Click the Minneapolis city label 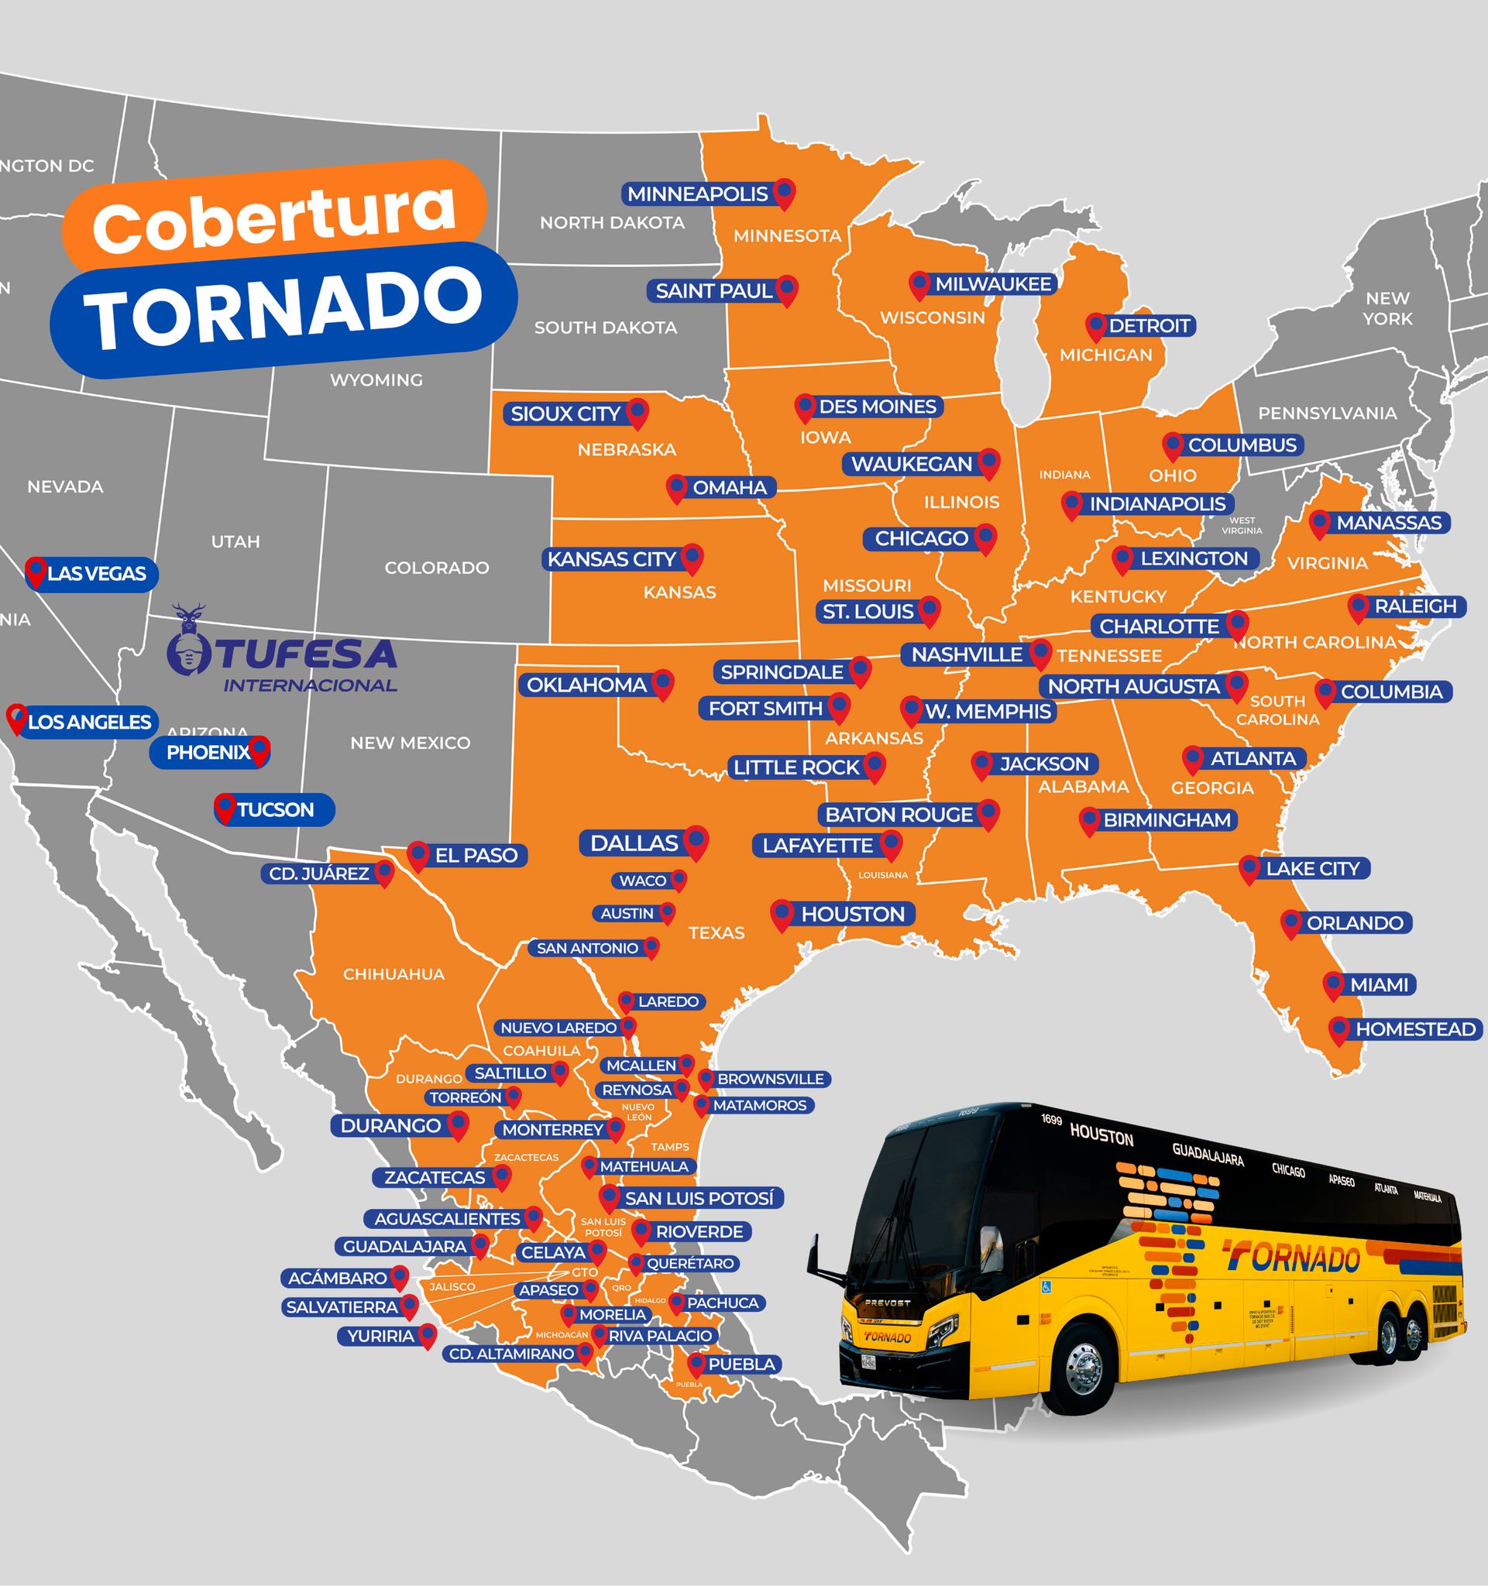point(697,194)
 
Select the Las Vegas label point(97,574)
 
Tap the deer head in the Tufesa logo point(189,617)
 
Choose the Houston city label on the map point(853,915)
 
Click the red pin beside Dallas point(696,842)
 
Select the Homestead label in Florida point(1415,1029)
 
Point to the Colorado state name point(436,568)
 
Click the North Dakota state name point(612,222)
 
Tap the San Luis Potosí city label point(699,1197)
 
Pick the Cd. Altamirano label point(511,1354)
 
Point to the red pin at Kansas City point(692,558)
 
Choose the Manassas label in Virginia point(1389,523)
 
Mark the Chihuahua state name point(393,974)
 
